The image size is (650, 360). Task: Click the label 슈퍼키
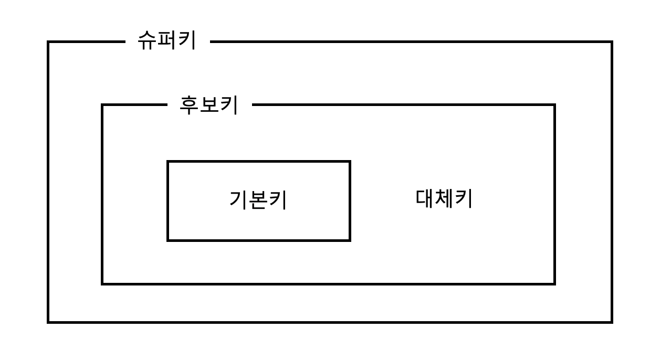(x=167, y=40)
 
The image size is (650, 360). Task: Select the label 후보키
(x=209, y=104)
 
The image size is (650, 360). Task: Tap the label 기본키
(x=258, y=200)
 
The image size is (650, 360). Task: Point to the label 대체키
(x=444, y=199)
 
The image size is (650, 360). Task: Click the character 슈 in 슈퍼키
(x=148, y=40)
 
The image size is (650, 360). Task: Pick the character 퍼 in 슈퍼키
(x=167, y=40)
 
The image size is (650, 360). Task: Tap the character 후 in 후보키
(x=190, y=104)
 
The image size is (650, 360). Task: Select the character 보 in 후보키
(x=209, y=104)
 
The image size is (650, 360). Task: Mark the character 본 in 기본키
(x=258, y=200)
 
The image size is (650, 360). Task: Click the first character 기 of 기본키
(x=238, y=200)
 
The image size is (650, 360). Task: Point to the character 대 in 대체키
(x=425, y=199)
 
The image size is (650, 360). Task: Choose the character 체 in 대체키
(x=444, y=199)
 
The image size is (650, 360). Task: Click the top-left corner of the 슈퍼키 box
(x=48, y=42)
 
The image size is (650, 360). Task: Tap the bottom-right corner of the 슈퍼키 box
(x=612, y=322)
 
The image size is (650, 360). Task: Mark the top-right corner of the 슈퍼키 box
(x=612, y=42)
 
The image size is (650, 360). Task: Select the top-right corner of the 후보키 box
(x=554, y=105)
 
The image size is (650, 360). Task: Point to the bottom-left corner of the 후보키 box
(x=102, y=284)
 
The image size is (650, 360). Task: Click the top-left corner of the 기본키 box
(x=168, y=162)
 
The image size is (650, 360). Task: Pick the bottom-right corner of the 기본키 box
(x=350, y=240)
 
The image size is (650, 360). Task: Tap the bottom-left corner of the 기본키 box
(x=168, y=240)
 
